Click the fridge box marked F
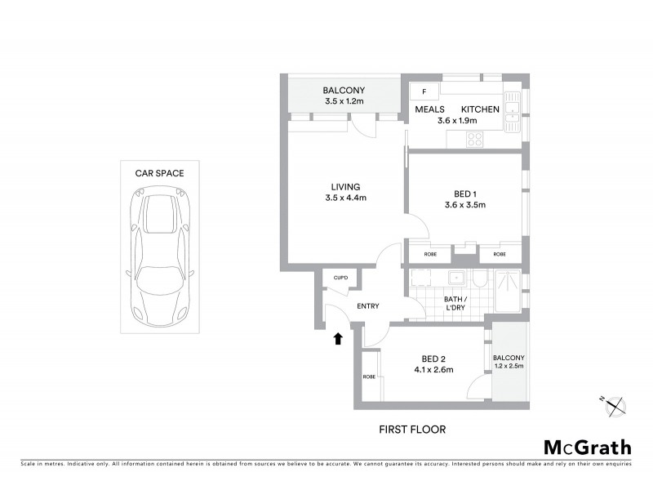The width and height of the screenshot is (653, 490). [x=424, y=91]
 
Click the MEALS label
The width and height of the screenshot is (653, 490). [x=429, y=109]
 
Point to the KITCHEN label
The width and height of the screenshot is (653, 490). [x=480, y=109]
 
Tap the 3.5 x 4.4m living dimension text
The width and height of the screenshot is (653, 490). [x=340, y=198]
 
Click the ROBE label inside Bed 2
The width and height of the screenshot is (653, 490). [x=369, y=376]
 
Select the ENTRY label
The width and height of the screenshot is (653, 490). [x=369, y=306]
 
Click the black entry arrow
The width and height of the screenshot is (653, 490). [x=337, y=337]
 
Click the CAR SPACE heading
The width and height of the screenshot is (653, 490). [x=159, y=173]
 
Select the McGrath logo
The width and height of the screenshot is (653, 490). [x=587, y=447]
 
